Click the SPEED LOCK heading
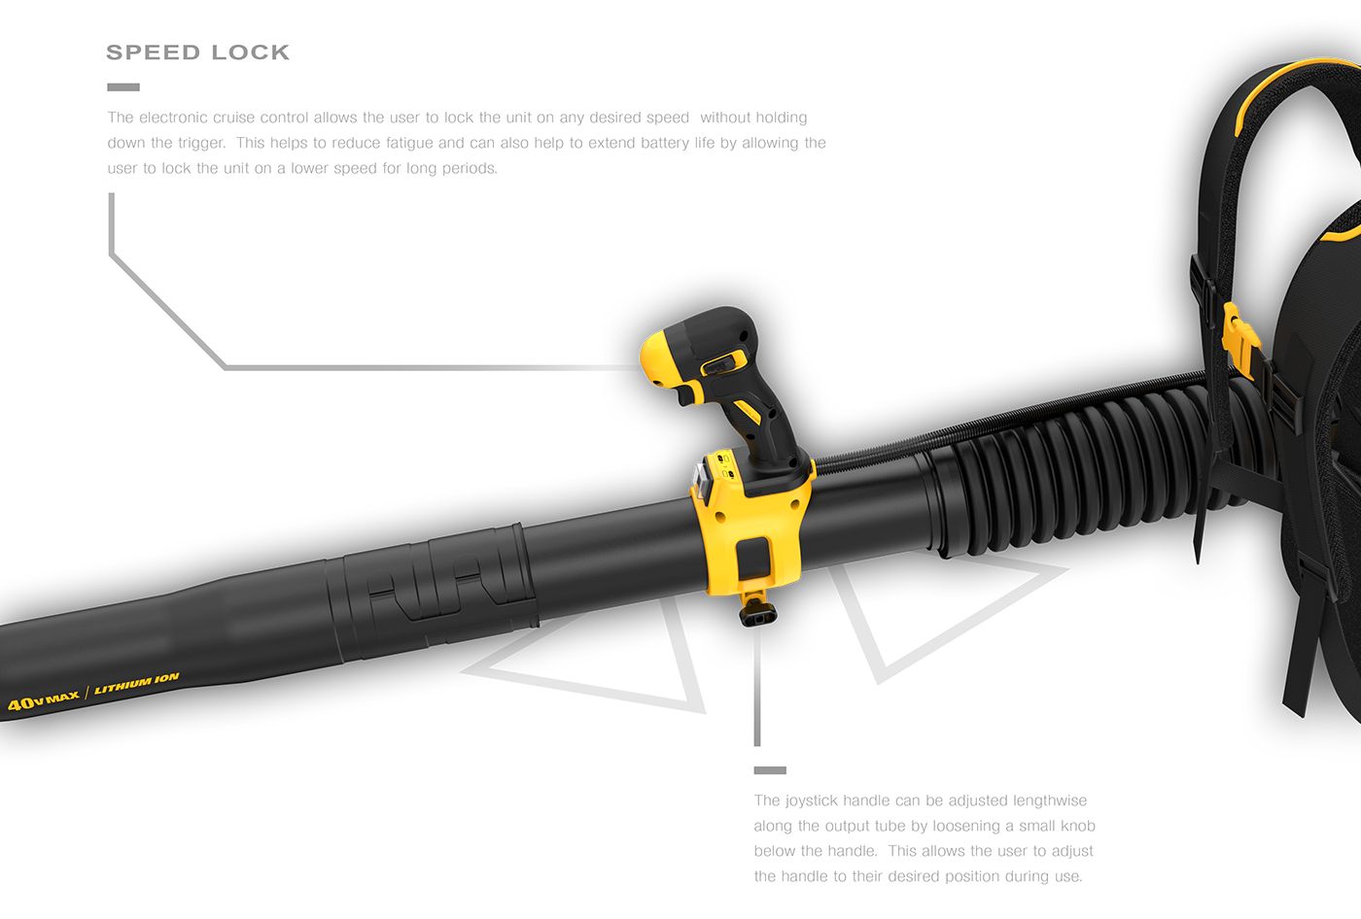[197, 52]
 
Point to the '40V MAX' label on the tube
[44, 699]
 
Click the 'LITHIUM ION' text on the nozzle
[136, 683]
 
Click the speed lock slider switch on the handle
[720, 364]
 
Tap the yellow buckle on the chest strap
[1239, 335]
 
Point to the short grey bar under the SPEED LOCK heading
[123, 87]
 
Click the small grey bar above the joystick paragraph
[770, 770]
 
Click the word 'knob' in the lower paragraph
[1077, 826]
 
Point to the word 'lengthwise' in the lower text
[1050, 800]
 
